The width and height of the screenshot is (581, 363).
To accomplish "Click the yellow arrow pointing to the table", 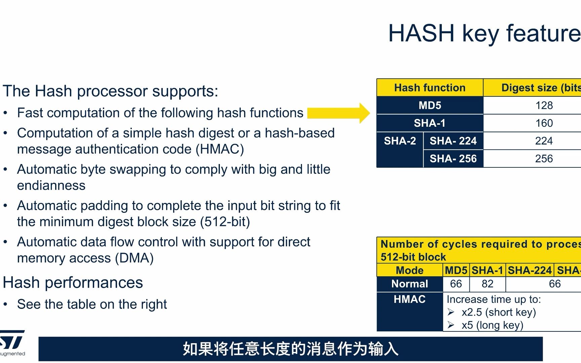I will pos(338,113).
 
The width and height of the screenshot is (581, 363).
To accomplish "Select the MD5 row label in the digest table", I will pos(430,106).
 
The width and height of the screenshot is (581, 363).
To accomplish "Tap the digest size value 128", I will pos(544,106).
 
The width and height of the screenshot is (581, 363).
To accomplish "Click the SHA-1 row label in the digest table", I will pos(430,123).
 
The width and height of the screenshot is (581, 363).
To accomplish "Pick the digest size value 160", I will pos(544,123).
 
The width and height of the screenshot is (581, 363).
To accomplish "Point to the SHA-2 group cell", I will pos(400,141).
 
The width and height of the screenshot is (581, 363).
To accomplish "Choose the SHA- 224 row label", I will pos(453,141).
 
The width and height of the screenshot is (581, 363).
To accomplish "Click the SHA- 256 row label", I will pos(453,159).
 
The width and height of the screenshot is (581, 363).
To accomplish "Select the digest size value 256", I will pos(544,159).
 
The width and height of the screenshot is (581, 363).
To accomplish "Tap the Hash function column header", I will pos(430,88).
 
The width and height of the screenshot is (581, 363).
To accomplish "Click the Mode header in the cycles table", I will pos(410,270).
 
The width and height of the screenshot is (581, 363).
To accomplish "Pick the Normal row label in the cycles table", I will pos(410,284).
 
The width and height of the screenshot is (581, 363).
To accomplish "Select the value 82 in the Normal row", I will pos(487,284).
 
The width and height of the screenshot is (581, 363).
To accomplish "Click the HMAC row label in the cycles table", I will pos(410,299).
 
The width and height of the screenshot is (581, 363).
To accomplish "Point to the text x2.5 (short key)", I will pos(499,312).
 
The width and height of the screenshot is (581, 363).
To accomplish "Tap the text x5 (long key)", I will pos(492,325).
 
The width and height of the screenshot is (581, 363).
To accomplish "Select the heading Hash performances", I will pos(73,283).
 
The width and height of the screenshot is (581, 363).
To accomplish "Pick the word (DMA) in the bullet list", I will pos(134,258).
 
